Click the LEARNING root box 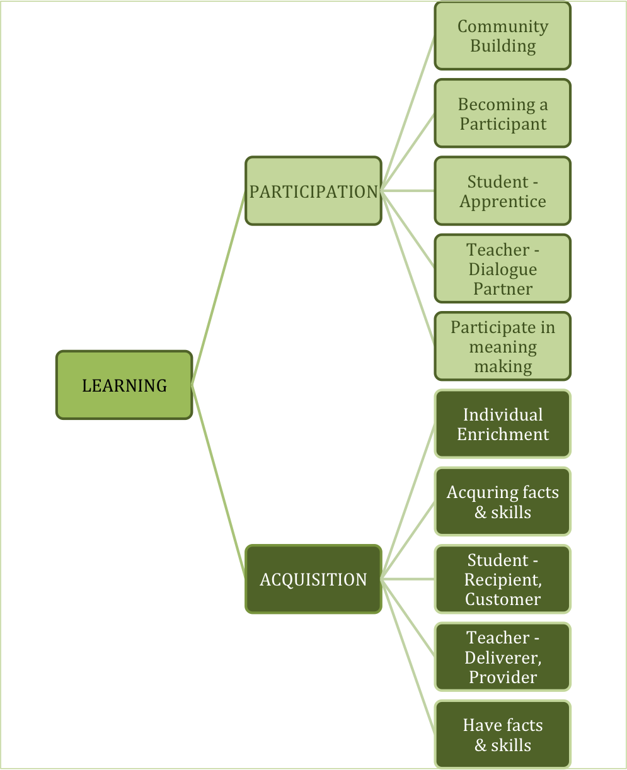tap(124, 385)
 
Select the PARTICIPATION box tap(313, 191)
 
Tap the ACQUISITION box tap(313, 579)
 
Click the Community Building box tap(502, 36)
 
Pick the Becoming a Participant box tap(502, 113)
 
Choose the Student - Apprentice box tap(502, 191)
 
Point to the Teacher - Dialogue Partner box tap(502, 269)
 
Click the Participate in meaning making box tap(502, 346)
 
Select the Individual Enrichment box tap(502, 424)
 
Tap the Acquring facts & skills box tap(502, 501)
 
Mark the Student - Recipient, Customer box tap(502, 579)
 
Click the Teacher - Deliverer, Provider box tap(502, 657)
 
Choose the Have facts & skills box tap(502, 734)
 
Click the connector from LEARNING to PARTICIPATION tap(218, 288)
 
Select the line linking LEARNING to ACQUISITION tap(218, 482)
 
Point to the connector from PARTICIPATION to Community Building tap(408, 113)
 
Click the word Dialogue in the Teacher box tap(502, 269)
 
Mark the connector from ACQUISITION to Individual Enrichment tap(408, 501)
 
